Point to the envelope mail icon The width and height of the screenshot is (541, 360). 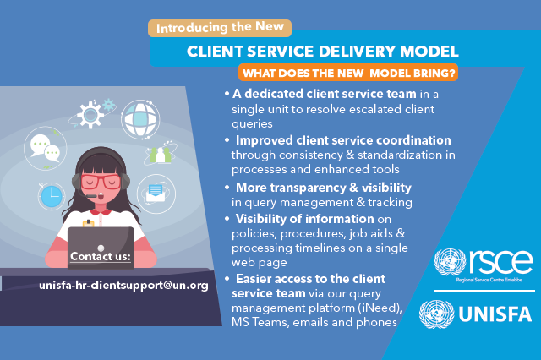click(155, 194)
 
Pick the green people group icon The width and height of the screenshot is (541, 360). click(160, 154)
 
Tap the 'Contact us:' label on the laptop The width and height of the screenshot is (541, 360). click(100, 256)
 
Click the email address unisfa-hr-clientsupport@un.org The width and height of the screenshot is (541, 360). click(123, 286)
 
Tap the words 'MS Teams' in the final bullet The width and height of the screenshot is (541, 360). click(257, 322)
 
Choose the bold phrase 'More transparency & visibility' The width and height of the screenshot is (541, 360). click(324, 187)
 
